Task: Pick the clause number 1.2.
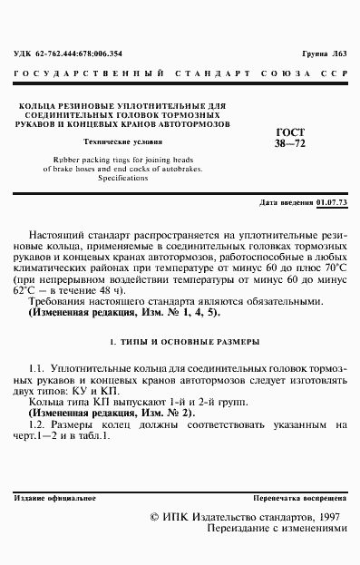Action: pyautogui.click(x=37, y=424)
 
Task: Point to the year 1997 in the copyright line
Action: pyautogui.click(x=322, y=515)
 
